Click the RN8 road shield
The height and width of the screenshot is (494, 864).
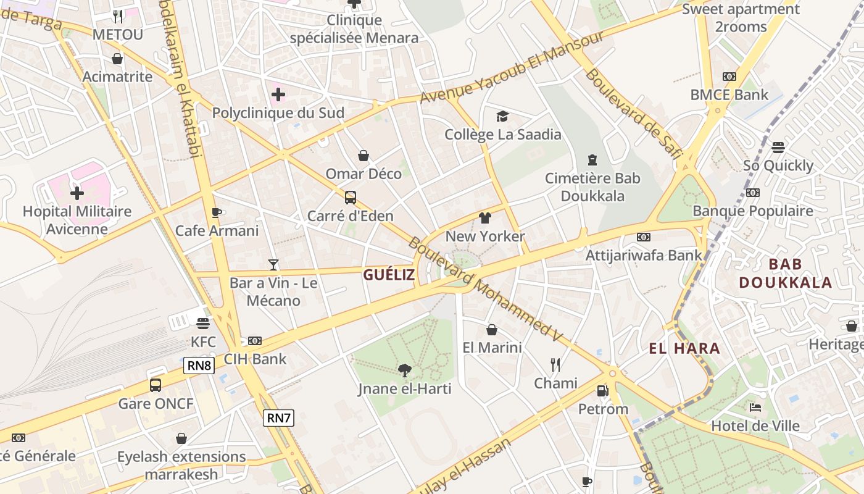tap(199, 366)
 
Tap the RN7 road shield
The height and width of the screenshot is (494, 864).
tap(278, 418)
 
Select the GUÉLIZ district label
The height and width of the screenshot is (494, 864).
tap(389, 275)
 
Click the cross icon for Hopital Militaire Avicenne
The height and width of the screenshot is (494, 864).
tap(77, 193)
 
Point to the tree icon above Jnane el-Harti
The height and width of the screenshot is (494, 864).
tap(405, 371)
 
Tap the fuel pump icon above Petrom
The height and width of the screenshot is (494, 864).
tap(602, 391)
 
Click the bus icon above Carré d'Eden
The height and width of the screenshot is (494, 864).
tap(351, 198)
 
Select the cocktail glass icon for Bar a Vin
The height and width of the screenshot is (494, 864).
tap(273, 265)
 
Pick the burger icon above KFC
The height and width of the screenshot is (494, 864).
tap(203, 323)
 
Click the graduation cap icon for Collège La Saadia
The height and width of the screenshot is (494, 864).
tap(503, 116)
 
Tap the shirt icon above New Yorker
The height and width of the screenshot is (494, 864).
tap(485, 218)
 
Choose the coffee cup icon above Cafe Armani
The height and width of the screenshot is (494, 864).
tap(217, 213)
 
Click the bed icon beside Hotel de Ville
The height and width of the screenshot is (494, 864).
tap(755, 408)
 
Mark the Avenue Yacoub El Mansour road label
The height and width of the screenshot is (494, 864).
tap(512, 67)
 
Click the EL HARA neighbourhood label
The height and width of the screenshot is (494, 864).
tap(684, 348)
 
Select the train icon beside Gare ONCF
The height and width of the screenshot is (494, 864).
tap(156, 385)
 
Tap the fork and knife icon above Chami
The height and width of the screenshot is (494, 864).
tap(555, 365)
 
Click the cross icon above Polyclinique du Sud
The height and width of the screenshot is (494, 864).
tap(278, 94)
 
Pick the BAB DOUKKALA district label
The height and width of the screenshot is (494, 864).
tap(786, 274)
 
